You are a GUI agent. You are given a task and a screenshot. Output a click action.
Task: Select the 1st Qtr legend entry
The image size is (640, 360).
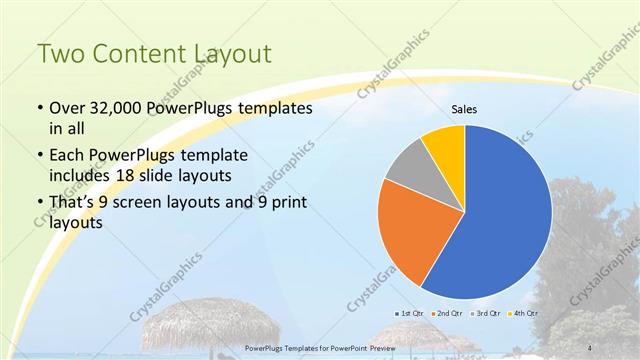[x=411, y=314]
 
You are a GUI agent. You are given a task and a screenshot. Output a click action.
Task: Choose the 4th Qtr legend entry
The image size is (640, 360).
[x=523, y=314]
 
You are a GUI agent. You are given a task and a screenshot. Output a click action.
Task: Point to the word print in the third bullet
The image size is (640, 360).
[x=286, y=204]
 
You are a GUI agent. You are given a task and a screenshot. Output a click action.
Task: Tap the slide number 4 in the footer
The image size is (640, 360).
[x=585, y=347]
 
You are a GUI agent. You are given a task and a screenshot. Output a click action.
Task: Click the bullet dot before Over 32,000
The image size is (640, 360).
[x=39, y=108]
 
